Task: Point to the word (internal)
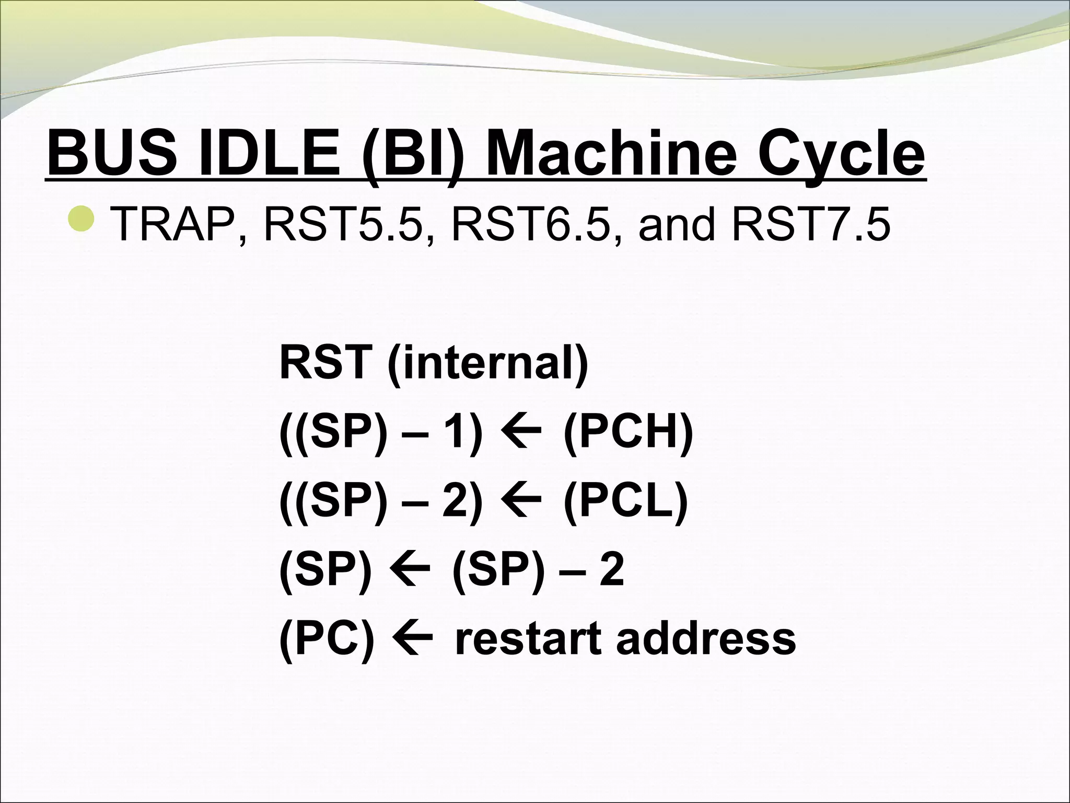488,363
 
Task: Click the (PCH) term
629,433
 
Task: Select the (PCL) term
625,501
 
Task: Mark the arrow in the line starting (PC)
414,639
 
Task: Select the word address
705,639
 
